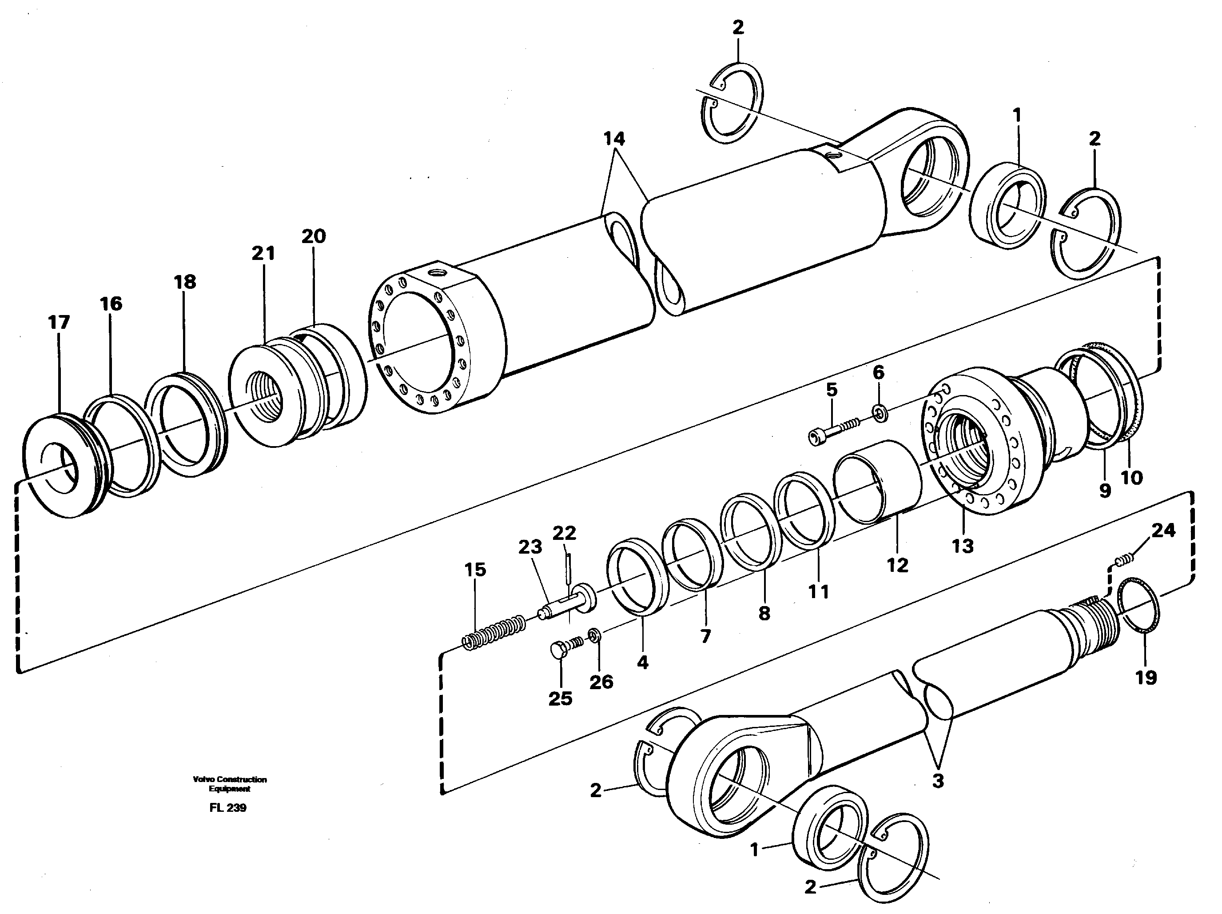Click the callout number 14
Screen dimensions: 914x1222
(x=614, y=138)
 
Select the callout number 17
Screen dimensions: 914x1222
(x=59, y=322)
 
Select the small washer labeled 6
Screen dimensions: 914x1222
(x=878, y=412)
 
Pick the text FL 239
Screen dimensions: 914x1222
(x=227, y=808)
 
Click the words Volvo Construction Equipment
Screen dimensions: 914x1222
(x=230, y=783)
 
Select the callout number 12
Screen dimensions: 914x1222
(x=897, y=565)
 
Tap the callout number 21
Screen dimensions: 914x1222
(x=263, y=253)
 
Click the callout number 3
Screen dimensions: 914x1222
(x=938, y=781)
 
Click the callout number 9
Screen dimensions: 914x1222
(x=1104, y=490)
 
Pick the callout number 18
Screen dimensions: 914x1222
(x=185, y=282)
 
